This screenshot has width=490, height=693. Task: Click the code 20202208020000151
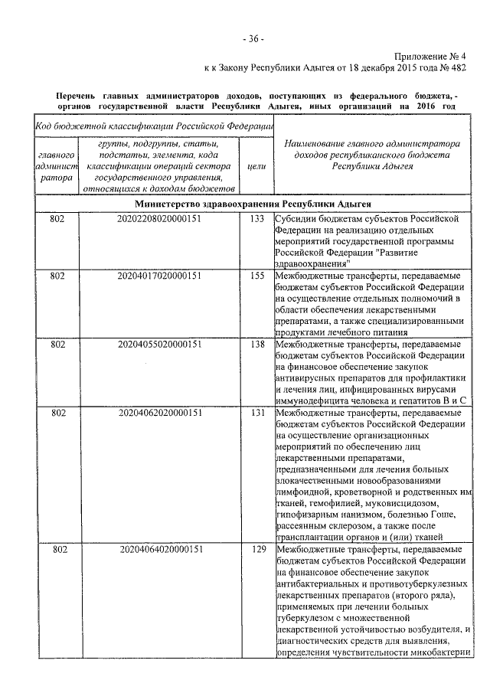[161, 219]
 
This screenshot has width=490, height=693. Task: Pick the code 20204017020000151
[161, 276]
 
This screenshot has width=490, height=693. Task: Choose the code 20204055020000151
[161, 345]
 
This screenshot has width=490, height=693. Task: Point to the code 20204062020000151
[161, 414]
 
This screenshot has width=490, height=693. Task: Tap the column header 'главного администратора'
[55, 165]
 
